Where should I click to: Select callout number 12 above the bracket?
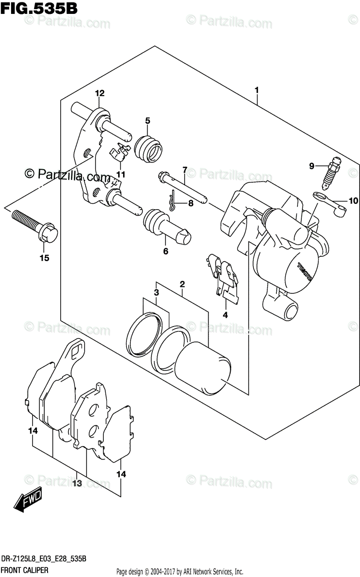[x=99, y=93]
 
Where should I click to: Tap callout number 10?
[x=353, y=201]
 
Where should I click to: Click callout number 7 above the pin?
[x=184, y=169]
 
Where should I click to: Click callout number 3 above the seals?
[x=156, y=292]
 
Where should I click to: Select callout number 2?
[x=182, y=284]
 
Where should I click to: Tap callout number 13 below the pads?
[x=77, y=482]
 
